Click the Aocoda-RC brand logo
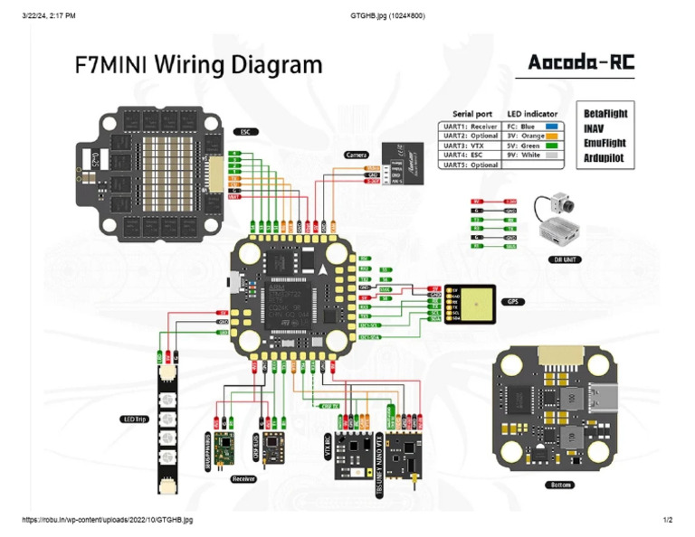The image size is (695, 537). pyautogui.click(x=579, y=64)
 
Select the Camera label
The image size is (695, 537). pyautogui.click(x=357, y=155)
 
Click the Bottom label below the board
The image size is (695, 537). pyautogui.click(x=559, y=485)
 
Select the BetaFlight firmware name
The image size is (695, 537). pyautogui.click(x=605, y=114)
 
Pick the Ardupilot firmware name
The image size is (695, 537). pyautogui.click(x=604, y=157)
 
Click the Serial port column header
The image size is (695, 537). pyautogui.click(x=471, y=114)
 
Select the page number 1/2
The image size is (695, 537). pyautogui.click(x=667, y=520)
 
